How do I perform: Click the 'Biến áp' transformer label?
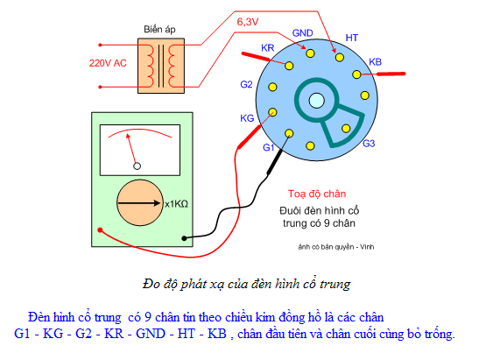[159, 30]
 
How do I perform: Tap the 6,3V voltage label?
[248, 22]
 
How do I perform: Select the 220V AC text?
[108, 63]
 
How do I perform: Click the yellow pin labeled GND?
[310, 53]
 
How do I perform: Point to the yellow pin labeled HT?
[340, 58]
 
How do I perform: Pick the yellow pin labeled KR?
[289, 66]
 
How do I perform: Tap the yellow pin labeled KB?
[356, 74]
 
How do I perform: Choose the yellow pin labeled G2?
[272, 87]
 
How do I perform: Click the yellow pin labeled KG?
[272, 112]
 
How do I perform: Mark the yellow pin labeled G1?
[289, 133]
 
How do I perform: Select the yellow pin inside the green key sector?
[346, 128]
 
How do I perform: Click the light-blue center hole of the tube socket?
[317, 101]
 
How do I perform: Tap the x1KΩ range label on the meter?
[176, 204]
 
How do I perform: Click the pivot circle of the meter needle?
[137, 166]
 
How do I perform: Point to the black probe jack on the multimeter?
[184, 238]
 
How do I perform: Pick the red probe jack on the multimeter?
[100, 230]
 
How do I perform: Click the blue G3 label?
[369, 144]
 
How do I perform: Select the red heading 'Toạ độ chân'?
[317, 194]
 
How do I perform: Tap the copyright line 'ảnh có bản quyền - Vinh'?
[336, 247]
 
